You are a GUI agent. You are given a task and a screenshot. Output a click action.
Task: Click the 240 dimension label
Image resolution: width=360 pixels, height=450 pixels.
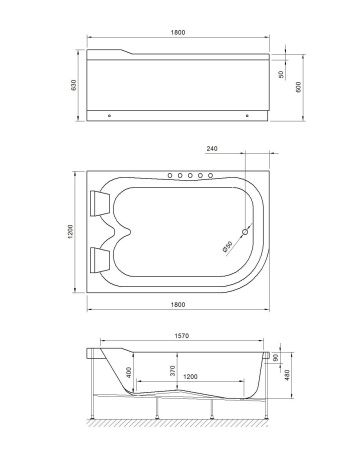212,149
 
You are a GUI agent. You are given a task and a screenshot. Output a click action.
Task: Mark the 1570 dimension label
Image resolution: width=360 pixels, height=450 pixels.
181,336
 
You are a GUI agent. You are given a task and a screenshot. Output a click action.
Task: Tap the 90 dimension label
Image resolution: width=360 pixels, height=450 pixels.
290,355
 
